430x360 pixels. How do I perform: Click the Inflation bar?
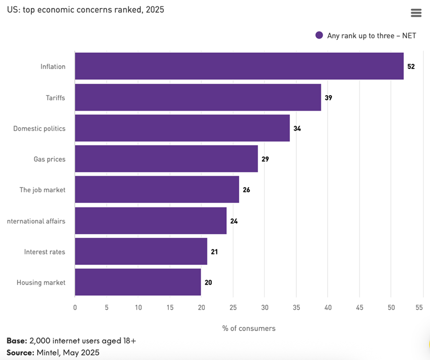pos(239,66)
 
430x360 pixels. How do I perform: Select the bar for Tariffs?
pos(197,97)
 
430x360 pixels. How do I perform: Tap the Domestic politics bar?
pos(182,128)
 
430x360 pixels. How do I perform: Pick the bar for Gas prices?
pos(166,159)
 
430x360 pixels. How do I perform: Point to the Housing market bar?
pos(137,282)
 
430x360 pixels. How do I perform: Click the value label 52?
pos(411,67)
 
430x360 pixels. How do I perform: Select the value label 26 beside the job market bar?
pos(247,190)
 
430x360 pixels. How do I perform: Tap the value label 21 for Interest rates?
pos(214,252)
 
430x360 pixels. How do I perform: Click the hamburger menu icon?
pos(416,13)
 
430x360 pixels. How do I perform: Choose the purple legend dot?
pos(319,36)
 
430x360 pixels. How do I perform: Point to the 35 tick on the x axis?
pos(296,308)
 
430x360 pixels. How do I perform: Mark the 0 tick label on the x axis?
pos(75,308)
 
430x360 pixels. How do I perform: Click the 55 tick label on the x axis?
pos(419,308)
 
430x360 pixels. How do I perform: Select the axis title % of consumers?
pos(249,329)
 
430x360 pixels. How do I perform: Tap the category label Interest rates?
pos(44,252)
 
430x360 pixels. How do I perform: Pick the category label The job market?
pos(42,190)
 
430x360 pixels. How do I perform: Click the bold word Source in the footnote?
pos(20,353)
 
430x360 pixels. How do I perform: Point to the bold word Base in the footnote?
pos(17,341)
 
